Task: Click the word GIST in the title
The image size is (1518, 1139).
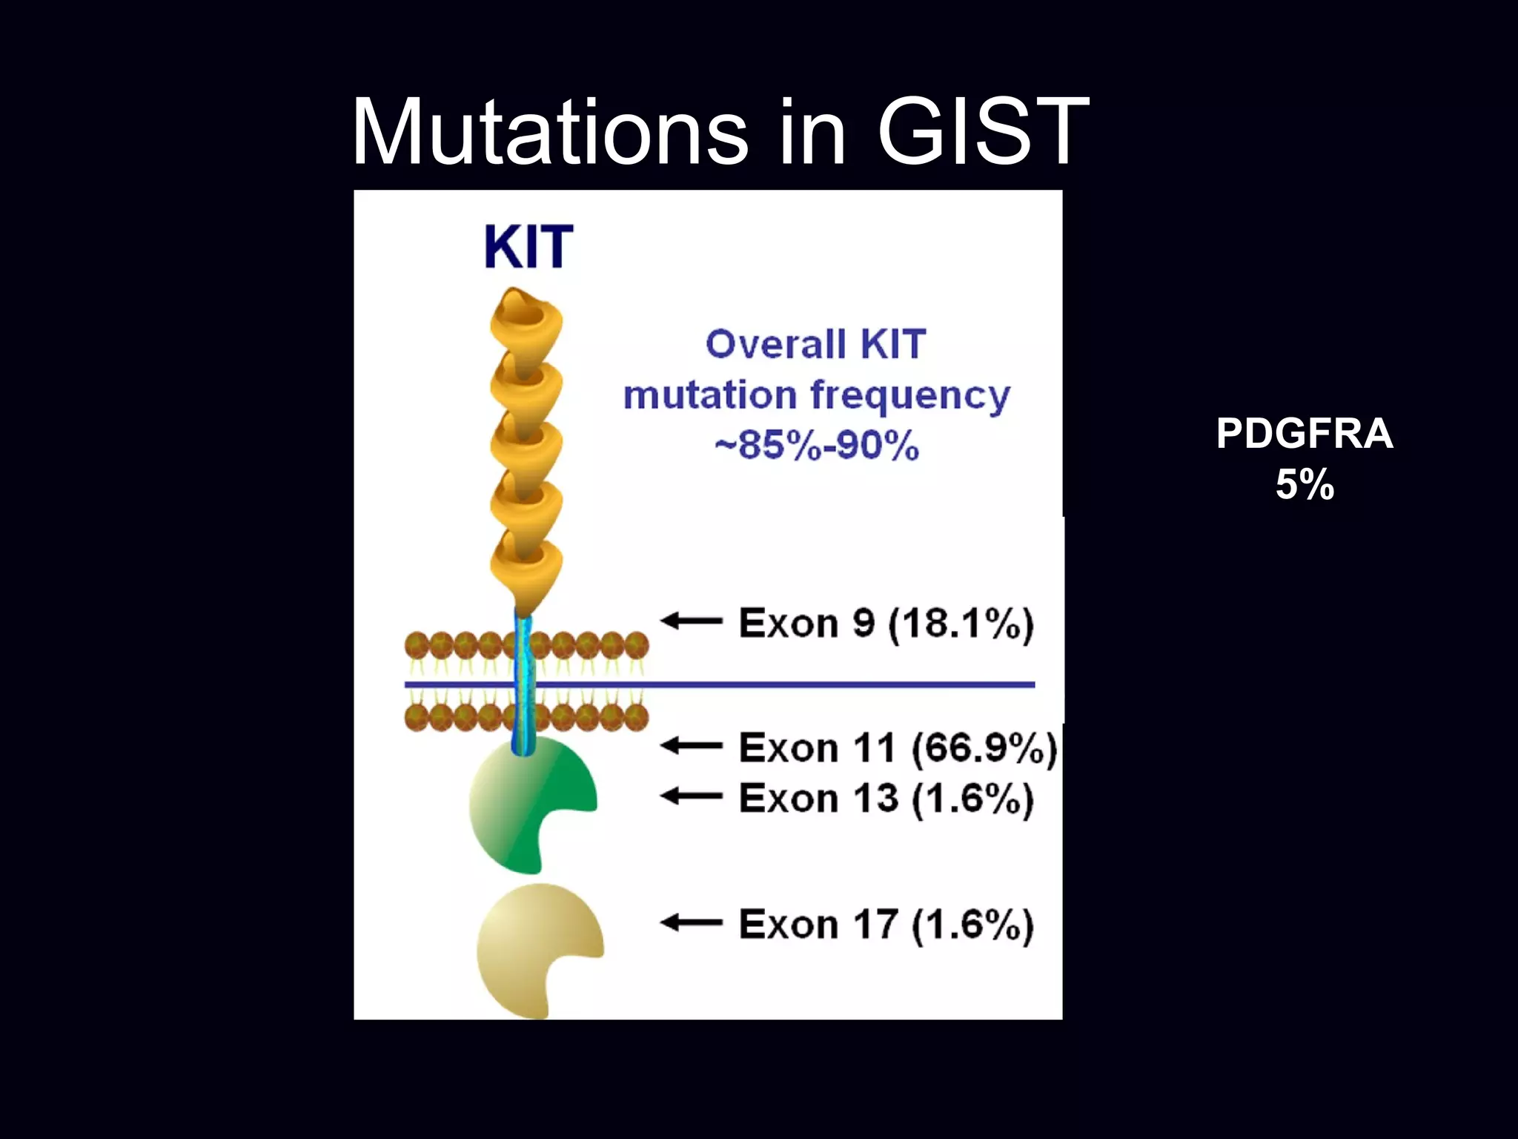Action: click(x=982, y=132)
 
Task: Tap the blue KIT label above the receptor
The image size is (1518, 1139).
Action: click(x=528, y=247)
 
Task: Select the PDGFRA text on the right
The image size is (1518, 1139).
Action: click(x=1305, y=434)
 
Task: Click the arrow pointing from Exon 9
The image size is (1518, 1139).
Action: click(x=692, y=621)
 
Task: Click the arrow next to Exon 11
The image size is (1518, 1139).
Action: click(x=692, y=745)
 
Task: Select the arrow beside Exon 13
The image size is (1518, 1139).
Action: click(x=692, y=797)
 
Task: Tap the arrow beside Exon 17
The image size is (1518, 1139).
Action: click(x=692, y=923)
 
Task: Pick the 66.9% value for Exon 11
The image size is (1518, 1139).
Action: click(x=984, y=747)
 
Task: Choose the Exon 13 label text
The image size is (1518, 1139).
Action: click(x=818, y=799)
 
